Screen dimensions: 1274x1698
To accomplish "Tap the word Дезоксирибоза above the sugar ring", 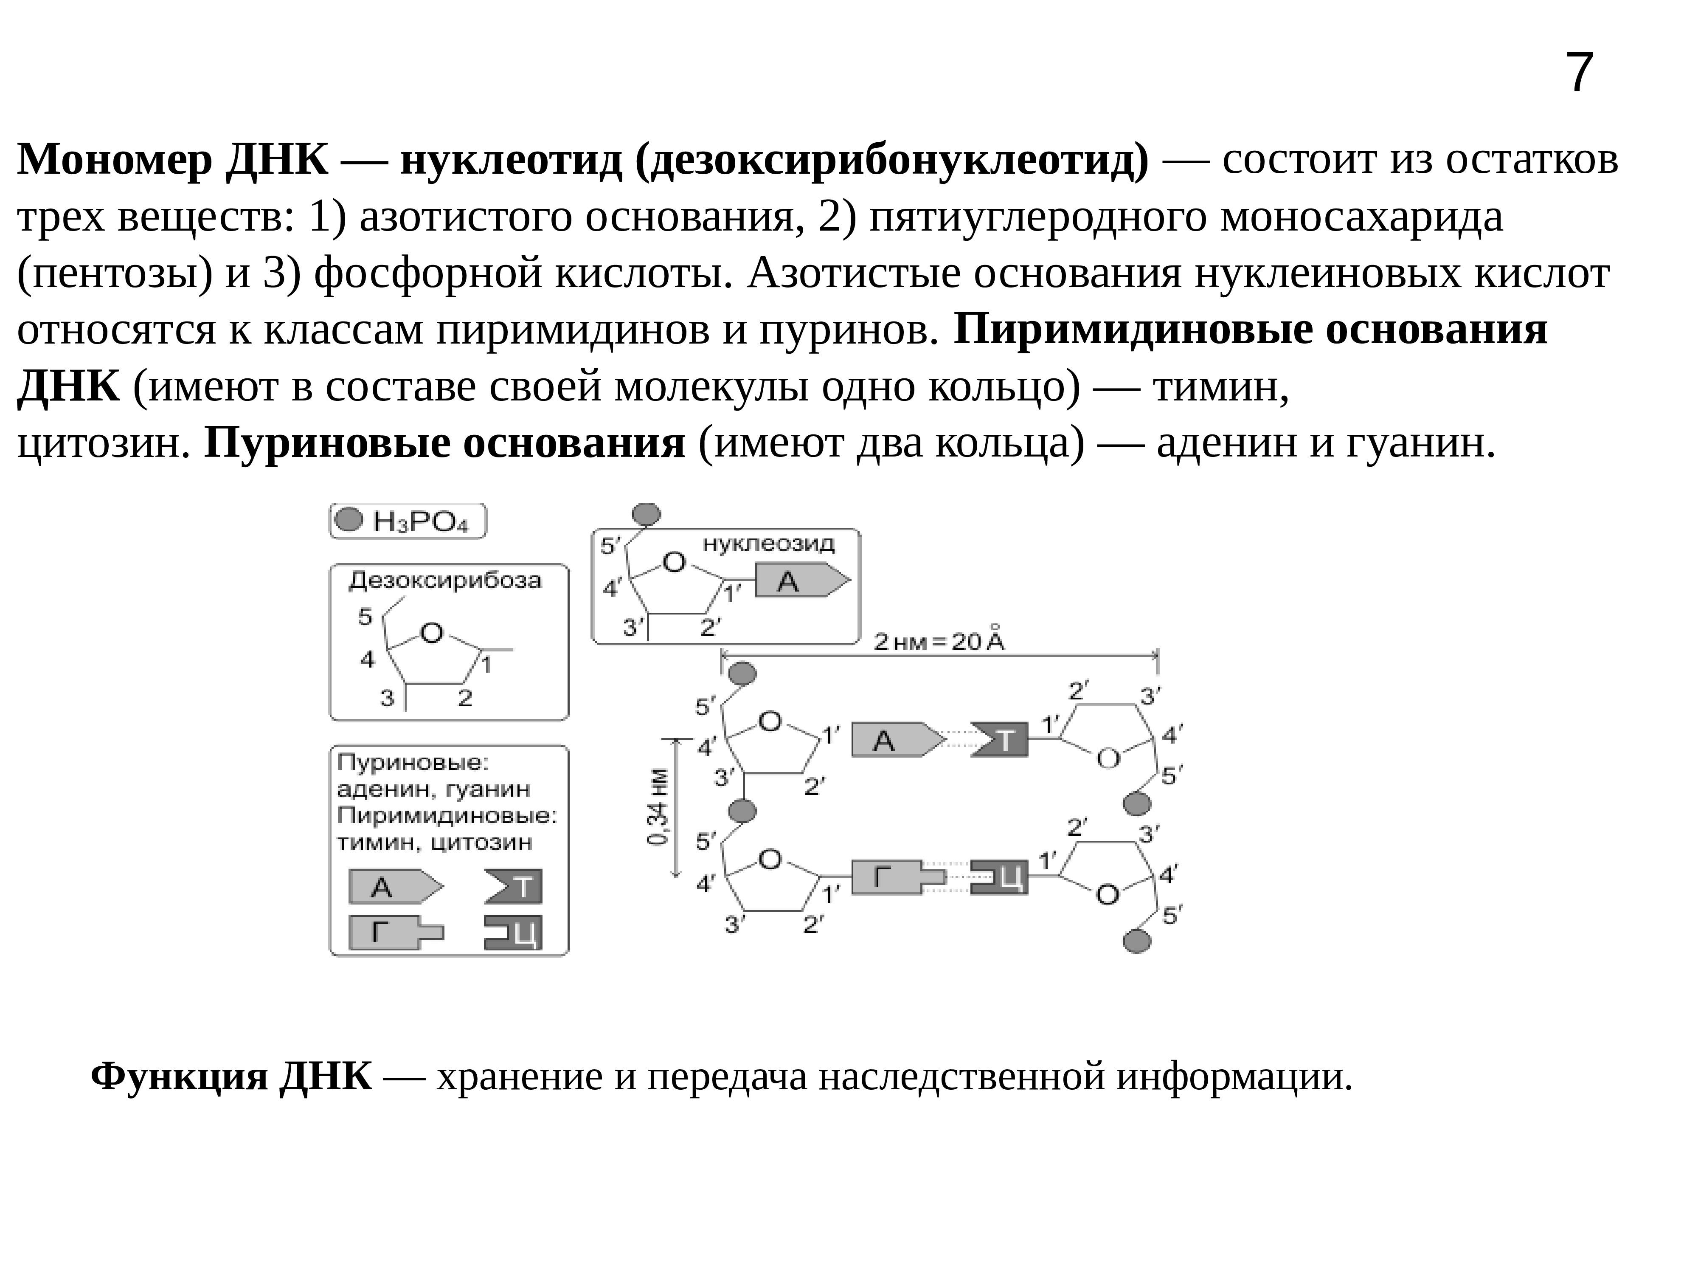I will click(445, 581).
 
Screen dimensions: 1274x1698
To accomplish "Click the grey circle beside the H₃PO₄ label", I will click(349, 520).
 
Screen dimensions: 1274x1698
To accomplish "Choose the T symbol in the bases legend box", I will click(515, 888).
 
